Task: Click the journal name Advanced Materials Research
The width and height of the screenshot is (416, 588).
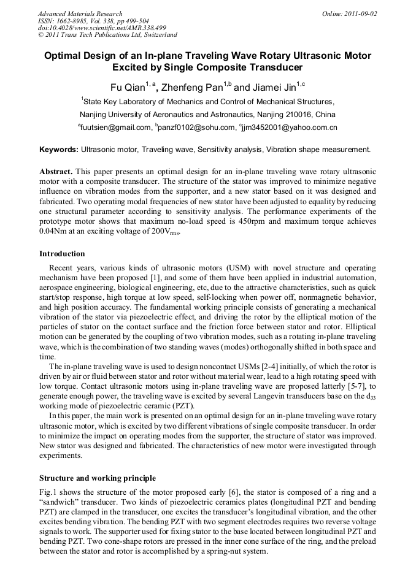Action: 80,13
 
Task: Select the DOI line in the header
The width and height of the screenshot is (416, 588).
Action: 102,28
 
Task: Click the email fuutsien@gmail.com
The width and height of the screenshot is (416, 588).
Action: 116,128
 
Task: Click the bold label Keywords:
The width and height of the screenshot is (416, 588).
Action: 59,149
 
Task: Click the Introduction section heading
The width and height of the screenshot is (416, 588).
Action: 62,253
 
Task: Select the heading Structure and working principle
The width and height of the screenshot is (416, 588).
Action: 98,478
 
